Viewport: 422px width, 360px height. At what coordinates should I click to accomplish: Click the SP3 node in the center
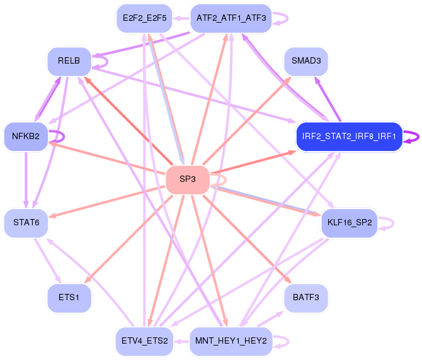187,179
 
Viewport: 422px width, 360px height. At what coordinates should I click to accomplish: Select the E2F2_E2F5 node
145,18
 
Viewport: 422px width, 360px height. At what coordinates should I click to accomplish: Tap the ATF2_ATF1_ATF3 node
231,18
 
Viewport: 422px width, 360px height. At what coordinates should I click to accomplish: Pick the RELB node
69,62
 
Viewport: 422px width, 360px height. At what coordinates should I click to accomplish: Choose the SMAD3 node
306,62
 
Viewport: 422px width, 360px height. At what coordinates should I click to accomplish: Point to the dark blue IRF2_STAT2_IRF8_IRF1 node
348,137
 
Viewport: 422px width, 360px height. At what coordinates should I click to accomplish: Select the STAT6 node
26,223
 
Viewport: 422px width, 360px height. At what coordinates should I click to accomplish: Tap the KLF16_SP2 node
349,223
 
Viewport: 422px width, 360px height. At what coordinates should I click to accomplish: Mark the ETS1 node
69,298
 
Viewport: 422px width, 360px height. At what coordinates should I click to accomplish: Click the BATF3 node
306,298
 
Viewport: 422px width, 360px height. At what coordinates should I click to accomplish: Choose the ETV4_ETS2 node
145,341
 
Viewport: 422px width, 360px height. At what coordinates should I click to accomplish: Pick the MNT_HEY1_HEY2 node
231,341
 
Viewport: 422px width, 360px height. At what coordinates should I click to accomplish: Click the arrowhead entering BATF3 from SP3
288,281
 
